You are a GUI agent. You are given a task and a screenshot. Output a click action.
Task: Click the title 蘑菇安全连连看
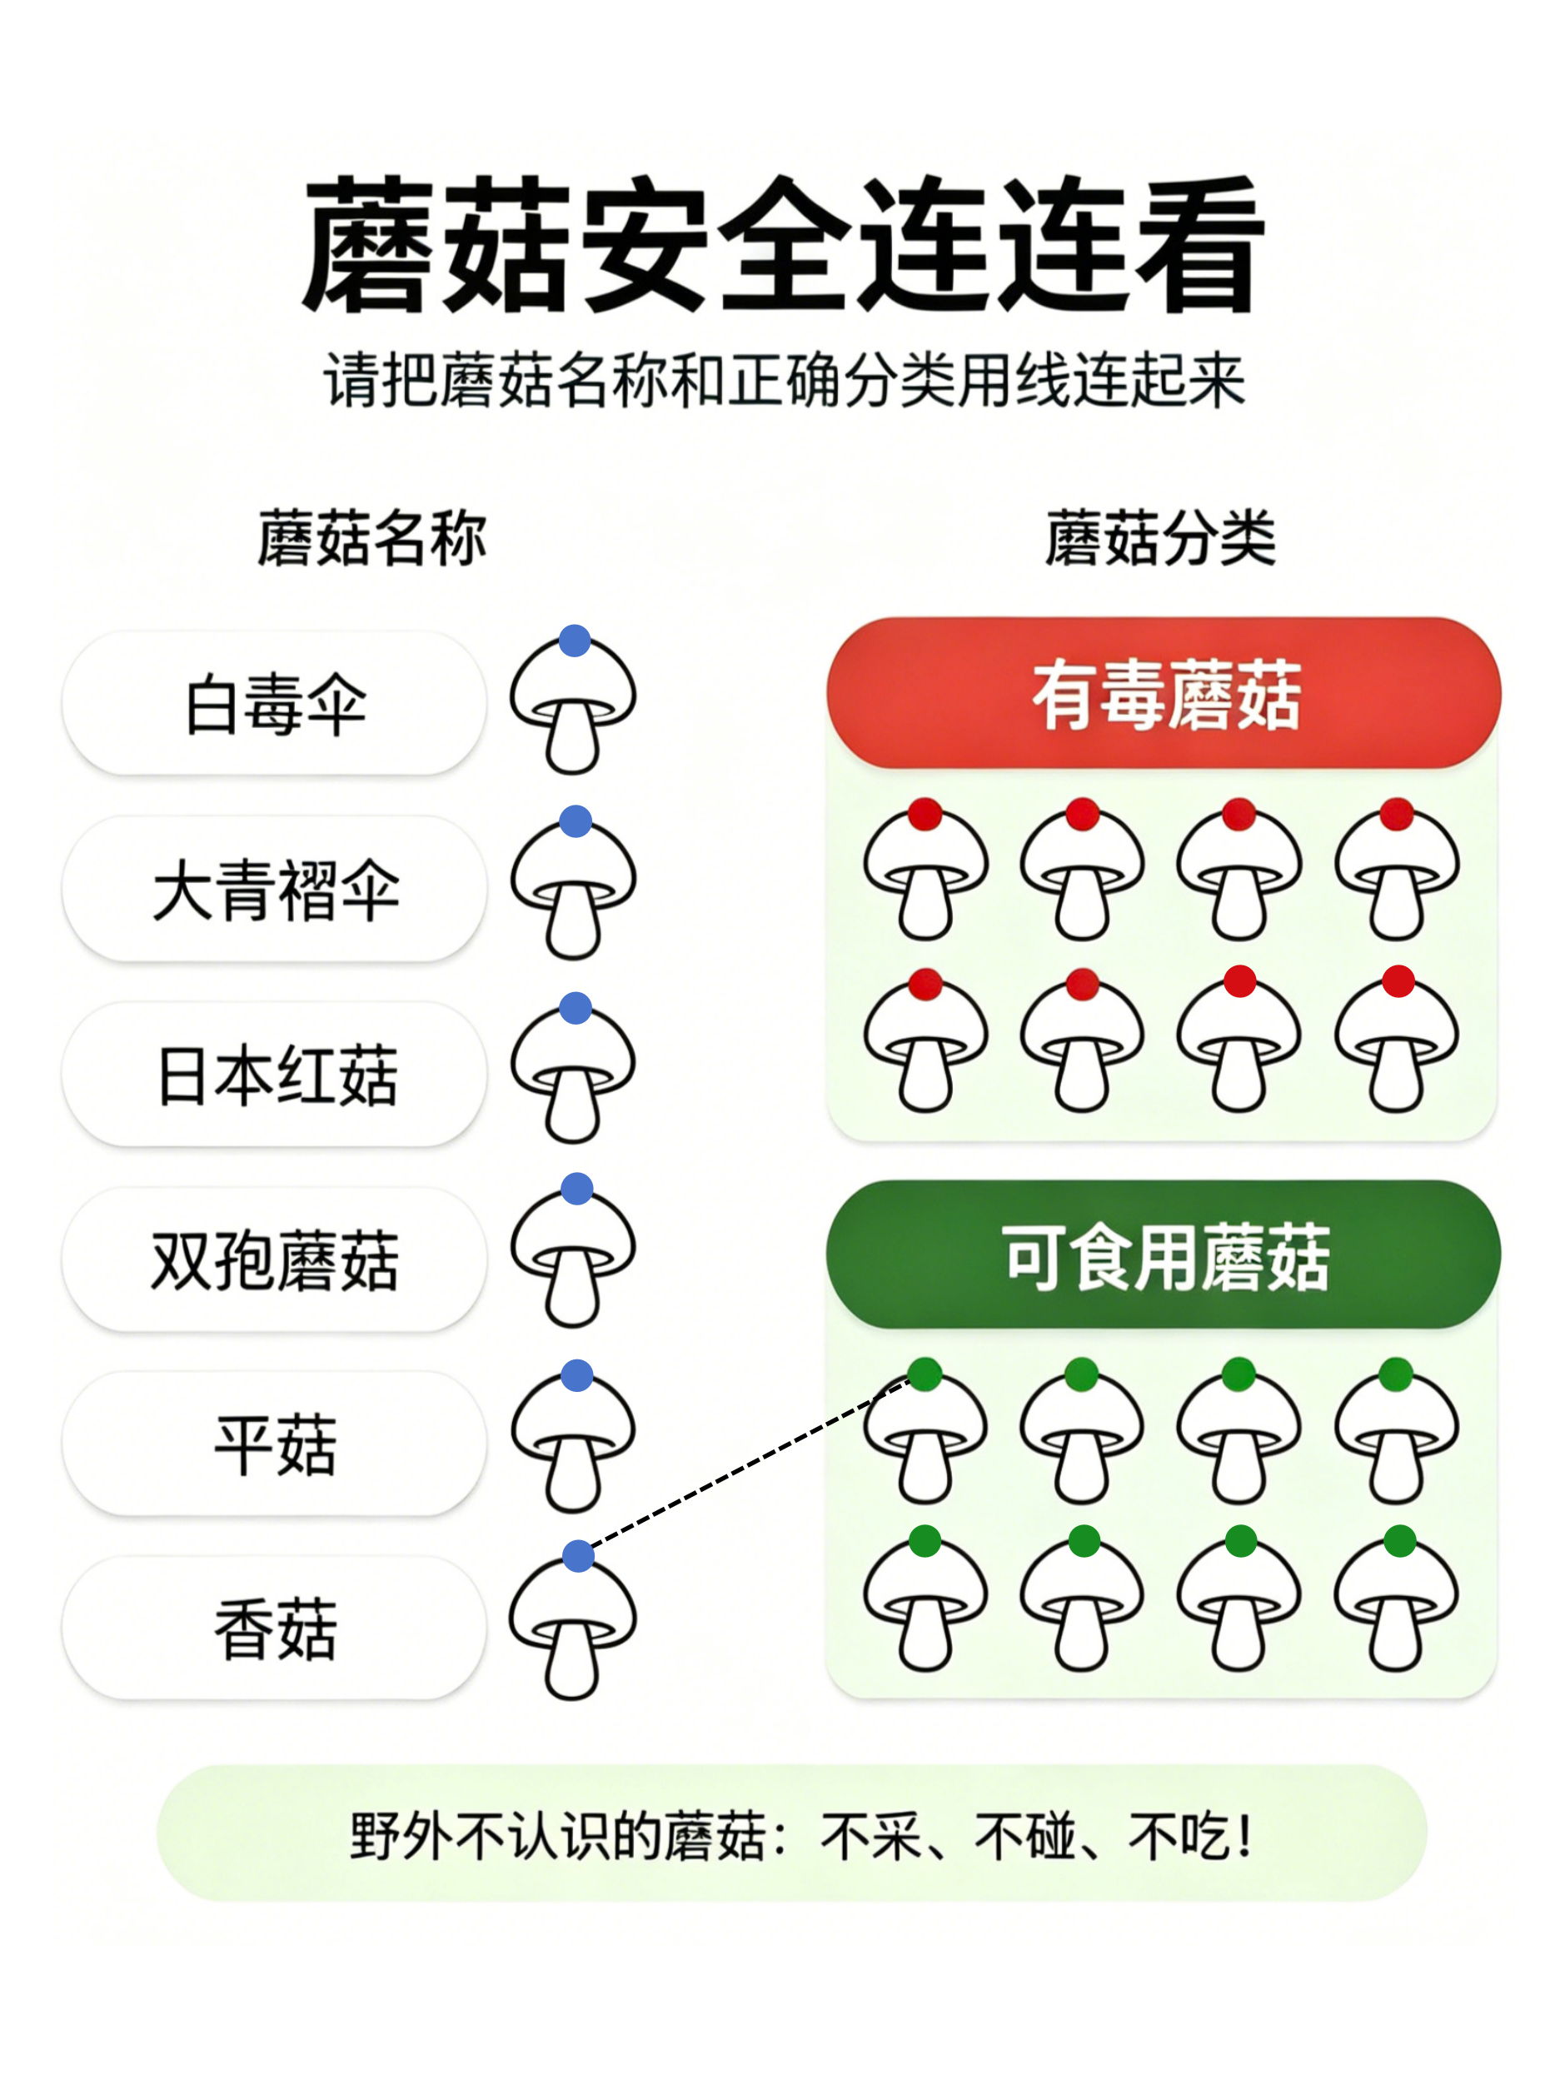click(x=782, y=244)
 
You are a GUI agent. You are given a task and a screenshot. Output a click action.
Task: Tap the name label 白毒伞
click(x=275, y=703)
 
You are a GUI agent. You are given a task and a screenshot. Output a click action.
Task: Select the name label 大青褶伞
click(x=275, y=889)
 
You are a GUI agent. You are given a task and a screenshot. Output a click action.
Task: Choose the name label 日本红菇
click(x=275, y=1074)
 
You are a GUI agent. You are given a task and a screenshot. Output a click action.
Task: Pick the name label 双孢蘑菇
click(x=275, y=1259)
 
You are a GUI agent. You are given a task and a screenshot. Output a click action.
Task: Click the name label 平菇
click(x=275, y=1444)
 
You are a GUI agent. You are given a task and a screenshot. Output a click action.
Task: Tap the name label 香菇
click(x=275, y=1628)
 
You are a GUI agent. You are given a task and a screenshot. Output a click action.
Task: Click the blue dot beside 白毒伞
click(x=575, y=641)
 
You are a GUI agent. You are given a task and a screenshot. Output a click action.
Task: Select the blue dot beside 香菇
click(x=578, y=1555)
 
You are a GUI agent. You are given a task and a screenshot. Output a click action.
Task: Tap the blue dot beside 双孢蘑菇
click(x=576, y=1189)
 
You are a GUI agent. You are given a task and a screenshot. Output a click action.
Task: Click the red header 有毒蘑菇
click(x=1164, y=694)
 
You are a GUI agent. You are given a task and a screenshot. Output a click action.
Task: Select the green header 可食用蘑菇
click(x=1164, y=1255)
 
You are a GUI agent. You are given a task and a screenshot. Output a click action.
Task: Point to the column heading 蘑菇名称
click(x=371, y=539)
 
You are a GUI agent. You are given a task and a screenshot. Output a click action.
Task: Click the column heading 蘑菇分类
click(x=1160, y=539)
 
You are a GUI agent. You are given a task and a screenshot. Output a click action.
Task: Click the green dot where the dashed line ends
click(x=925, y=1374)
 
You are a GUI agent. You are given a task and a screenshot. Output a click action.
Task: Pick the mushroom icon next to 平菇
click(x=574, y=1437)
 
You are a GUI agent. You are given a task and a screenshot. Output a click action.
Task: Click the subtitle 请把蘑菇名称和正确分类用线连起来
click(x=785, y=381)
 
